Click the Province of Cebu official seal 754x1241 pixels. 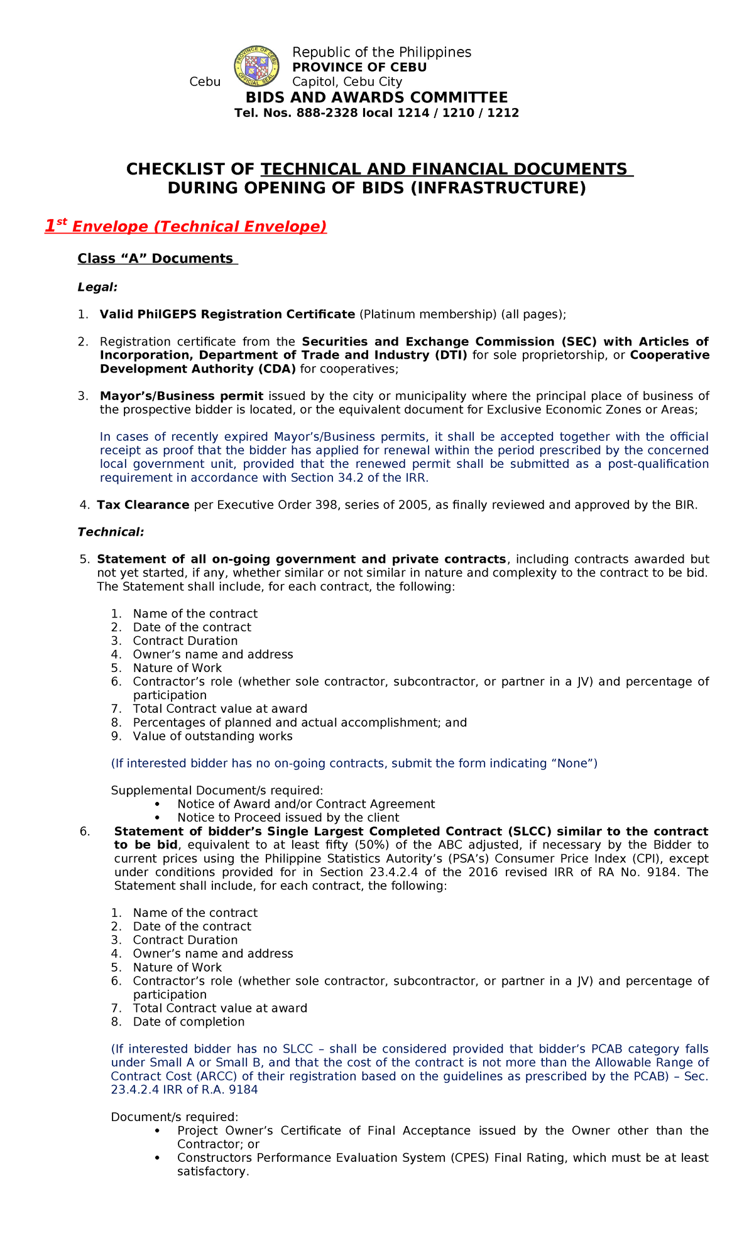click(256, 66)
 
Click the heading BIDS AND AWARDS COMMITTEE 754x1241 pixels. click(376, 97)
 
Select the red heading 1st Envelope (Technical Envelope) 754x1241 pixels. click(185, 227)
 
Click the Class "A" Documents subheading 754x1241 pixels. click(157, 259)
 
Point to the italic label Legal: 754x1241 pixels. click(97, 287)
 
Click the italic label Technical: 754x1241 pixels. click(111, 532)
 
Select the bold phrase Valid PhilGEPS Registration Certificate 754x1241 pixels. click(227, 314)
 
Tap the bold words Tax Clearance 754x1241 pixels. click(143, 505)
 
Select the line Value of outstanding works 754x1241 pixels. click(212, 736)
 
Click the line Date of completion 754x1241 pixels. click(188, 1022)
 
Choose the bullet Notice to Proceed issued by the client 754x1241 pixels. click(288, 818)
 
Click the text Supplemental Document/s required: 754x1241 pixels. click(217, 790)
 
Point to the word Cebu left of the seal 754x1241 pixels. click(205, 82)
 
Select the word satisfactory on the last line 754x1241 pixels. click(212, 1171)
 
